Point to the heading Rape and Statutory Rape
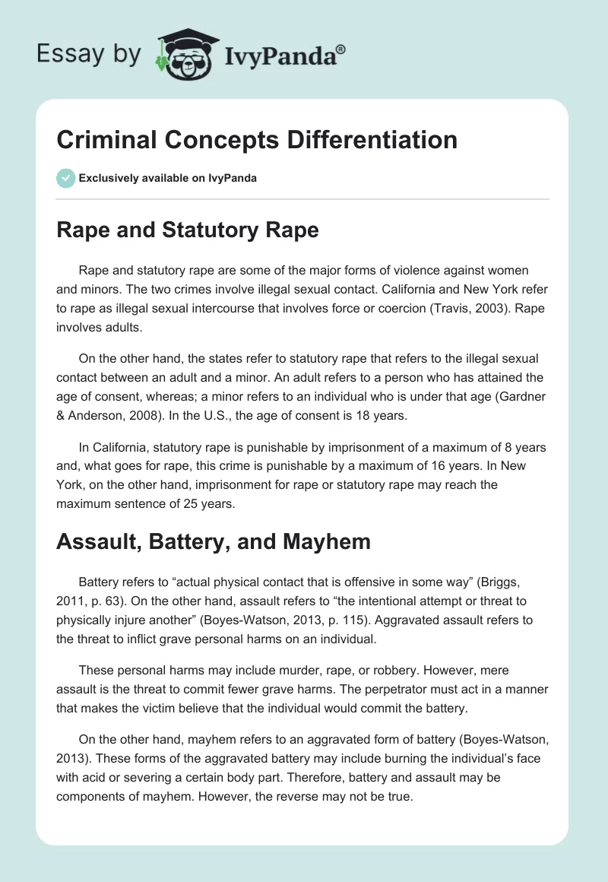point(188,230)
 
